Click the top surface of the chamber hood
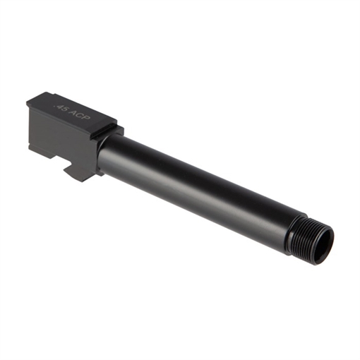click(71, 109)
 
